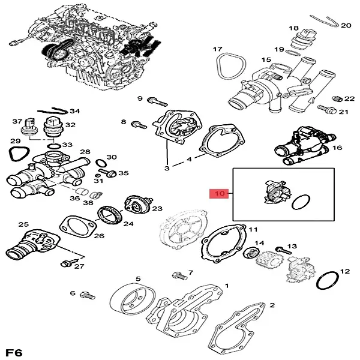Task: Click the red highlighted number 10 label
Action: [218, 194]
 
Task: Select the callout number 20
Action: [346, 26]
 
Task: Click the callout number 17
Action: [217, 49]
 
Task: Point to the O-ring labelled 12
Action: [328, 280]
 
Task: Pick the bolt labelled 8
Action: [137, 125]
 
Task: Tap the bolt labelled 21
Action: [325, 110]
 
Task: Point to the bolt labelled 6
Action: [88, 295]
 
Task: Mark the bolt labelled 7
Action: [178, 277]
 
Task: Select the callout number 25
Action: [23, 225]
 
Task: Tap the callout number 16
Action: [337, 148]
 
